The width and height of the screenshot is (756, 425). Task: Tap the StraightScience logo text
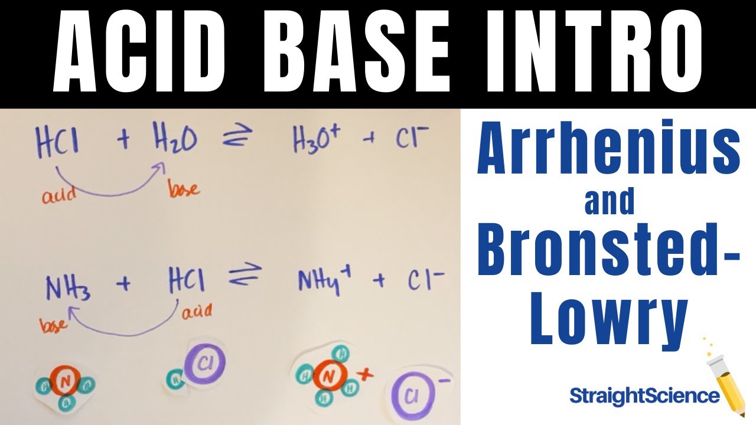[644, 396]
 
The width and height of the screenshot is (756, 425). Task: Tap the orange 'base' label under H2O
[184, 189]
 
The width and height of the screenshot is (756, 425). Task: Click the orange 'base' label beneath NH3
[52, 325]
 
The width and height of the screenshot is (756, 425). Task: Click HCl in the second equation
[187, 282]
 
